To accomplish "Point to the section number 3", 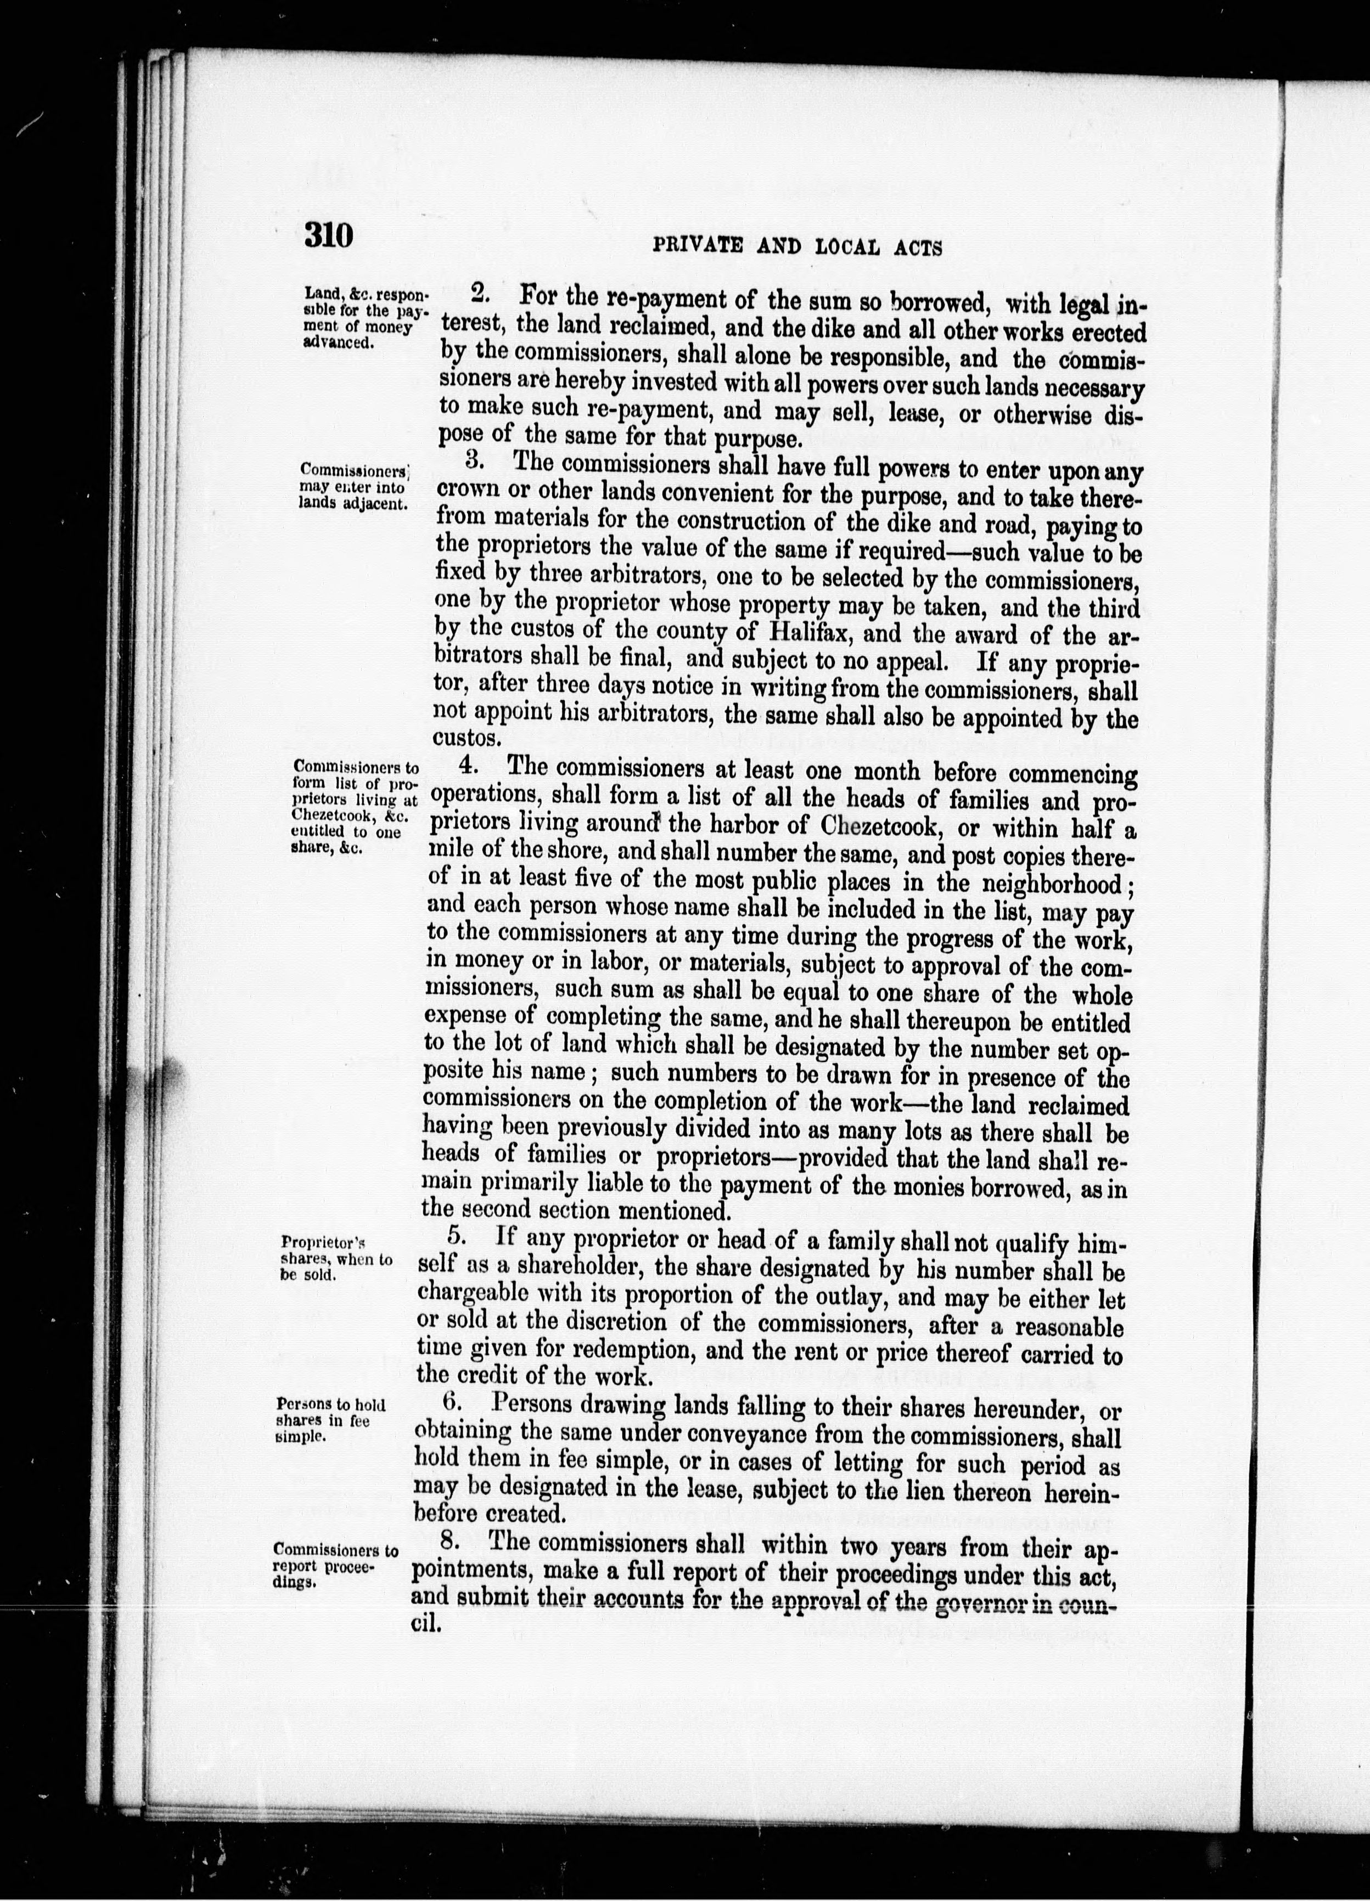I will [x=484, y=461].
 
